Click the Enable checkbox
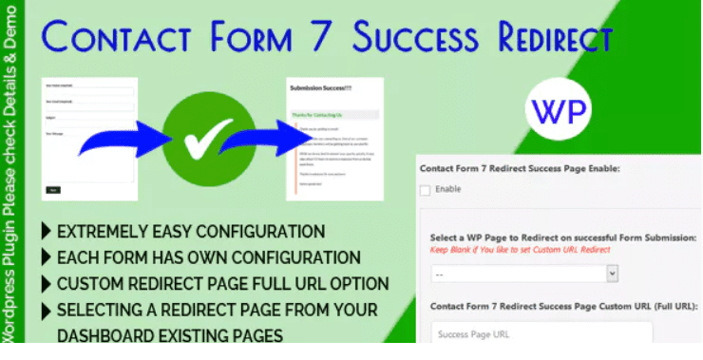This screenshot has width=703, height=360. click(x=425, y=190)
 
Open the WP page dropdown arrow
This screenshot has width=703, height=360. click(x=611, y=274)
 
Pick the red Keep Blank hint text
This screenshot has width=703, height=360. click(x=519, y=249)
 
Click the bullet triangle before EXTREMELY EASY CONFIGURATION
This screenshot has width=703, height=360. click(x=47, y=232)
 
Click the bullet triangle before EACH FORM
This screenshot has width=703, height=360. click(x=47, y=257)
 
